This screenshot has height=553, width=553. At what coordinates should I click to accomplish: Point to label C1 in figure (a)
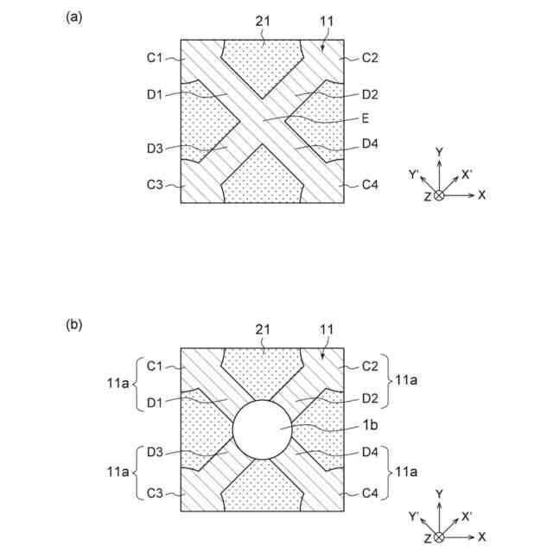pos(155,58)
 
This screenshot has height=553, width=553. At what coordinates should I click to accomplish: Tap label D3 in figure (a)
pos(155,149)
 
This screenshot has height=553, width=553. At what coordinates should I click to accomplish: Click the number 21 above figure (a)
pos(264,20)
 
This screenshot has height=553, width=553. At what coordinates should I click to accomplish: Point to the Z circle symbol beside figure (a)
pos(439,195)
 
